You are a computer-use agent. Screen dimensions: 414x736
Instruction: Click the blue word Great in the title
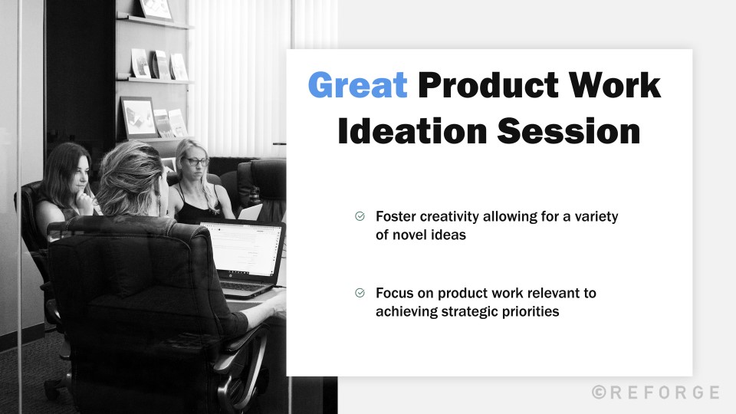point(357,86)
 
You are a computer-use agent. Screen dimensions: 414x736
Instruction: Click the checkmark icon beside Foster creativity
point(360,217)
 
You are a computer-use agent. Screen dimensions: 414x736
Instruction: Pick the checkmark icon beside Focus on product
point(360,293)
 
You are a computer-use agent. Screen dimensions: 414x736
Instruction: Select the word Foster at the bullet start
point(394,217)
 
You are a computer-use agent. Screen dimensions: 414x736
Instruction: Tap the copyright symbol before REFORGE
point(600,393)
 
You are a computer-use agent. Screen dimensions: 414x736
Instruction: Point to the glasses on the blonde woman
point(196,162)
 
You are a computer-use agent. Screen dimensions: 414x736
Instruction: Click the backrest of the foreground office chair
point(130,276)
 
